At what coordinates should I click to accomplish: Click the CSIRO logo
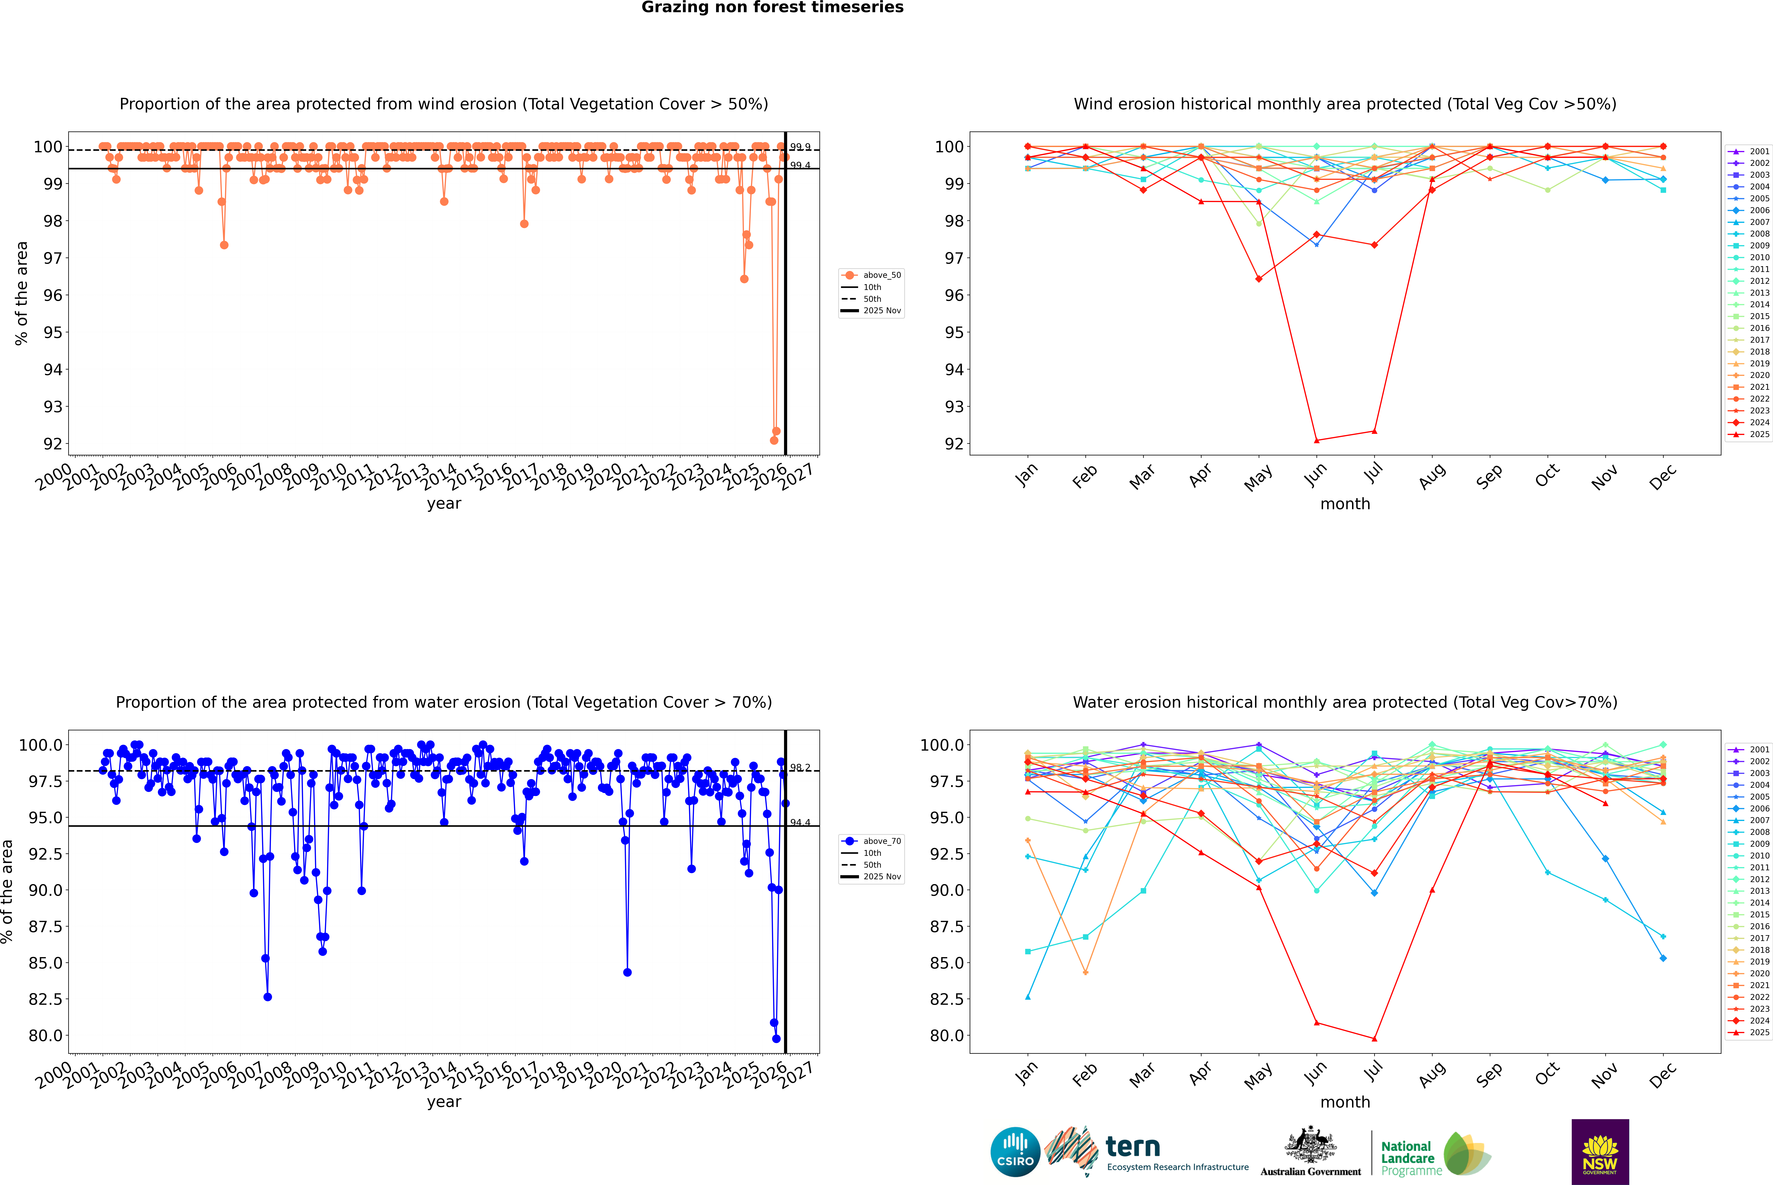point(1015,1152)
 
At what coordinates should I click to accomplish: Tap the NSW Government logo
point(1600,1152)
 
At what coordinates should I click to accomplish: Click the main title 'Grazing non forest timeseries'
point(772,8)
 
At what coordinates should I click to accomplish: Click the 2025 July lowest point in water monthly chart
point(1374,1038)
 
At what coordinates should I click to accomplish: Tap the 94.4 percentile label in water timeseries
point(800,822)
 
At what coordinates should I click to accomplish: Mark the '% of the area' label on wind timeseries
point(21,293)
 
